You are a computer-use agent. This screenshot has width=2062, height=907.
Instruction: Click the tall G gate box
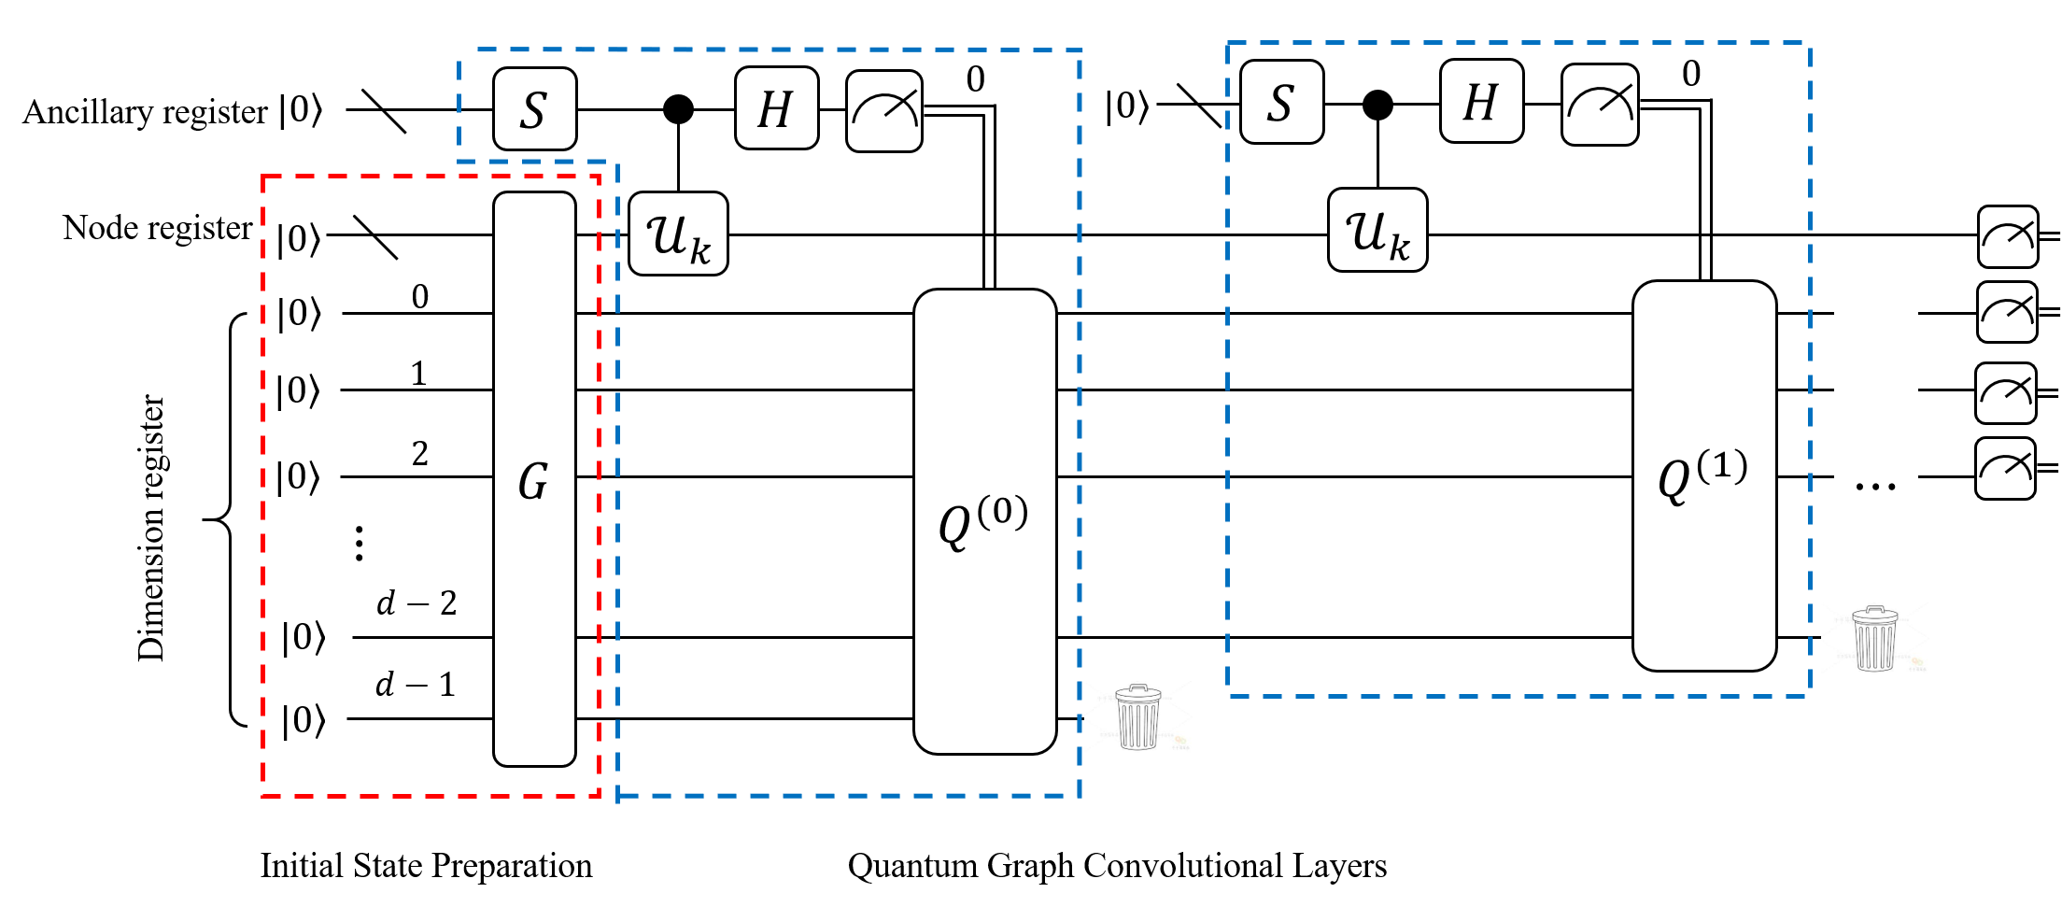(x=534, y=479)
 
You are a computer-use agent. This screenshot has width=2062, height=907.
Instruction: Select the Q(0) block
(x=984, y=521)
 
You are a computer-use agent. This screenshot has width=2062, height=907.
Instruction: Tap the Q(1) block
(x=1703, y=475)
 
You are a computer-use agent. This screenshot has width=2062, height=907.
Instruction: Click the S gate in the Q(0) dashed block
(x=534, y=109)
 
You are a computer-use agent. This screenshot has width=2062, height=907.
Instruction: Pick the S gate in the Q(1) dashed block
(x=1281, y=102)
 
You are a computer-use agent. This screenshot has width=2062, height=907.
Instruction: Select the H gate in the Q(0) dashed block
(x=776, y=108)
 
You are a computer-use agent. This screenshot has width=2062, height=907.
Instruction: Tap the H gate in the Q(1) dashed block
(x=1481, y=101)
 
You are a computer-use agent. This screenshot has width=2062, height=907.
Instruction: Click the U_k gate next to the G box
(x=678, y=234)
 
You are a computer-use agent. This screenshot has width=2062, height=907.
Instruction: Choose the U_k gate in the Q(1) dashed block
(x=1377, y=230)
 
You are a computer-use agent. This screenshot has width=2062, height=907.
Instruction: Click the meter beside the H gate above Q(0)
(x=883, y=111)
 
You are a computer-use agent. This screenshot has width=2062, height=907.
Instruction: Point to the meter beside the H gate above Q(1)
(x=1600, y=105)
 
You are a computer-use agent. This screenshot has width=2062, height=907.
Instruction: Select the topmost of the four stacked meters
(x=2008, y=236)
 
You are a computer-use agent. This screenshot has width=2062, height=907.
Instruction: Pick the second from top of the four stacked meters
(x=2007, y=312)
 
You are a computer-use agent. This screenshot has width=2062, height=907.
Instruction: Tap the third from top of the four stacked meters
(x=2006, y=392)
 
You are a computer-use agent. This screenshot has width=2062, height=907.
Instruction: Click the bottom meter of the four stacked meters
(x=2005, y=468)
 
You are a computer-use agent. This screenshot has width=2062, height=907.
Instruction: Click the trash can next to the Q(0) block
(x=1138, y=716)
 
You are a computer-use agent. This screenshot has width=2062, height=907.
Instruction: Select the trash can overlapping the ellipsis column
(x=1874, y=639)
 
